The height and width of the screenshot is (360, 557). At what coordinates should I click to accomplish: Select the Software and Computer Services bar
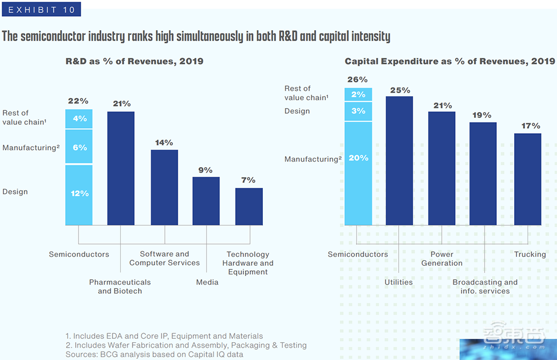click(x=164, y=187)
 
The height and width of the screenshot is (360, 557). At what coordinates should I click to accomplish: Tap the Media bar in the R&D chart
click(x=206, y=201)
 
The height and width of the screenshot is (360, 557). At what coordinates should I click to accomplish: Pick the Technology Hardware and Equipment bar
click(x=249, y=206)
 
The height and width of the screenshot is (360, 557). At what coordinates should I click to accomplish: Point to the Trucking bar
click(x=527, y=179)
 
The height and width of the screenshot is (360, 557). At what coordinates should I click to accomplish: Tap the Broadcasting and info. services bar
click(x=483, y=173)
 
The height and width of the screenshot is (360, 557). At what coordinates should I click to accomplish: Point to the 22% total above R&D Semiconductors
click(x=78, y=101)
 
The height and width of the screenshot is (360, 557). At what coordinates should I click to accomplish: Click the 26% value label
click(x=357, y=80)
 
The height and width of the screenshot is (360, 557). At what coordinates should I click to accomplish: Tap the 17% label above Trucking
click(x=527, y=126)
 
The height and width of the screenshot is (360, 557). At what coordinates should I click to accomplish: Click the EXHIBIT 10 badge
click(x=41, y=9)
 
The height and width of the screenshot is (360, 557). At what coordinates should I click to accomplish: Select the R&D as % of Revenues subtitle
click(x=134, y=61)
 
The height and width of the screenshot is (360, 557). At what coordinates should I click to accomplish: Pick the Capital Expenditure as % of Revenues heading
click(x=449, y=61)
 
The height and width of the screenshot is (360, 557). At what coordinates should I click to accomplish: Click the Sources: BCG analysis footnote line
click(x=154, y=354)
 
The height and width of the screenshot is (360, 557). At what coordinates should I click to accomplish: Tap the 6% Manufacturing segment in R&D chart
click(x=79, y=147)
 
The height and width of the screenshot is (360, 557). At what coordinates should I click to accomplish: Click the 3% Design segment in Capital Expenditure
click(x=358, y=111)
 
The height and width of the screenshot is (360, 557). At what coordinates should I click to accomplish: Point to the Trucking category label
click(x=530, y=254)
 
